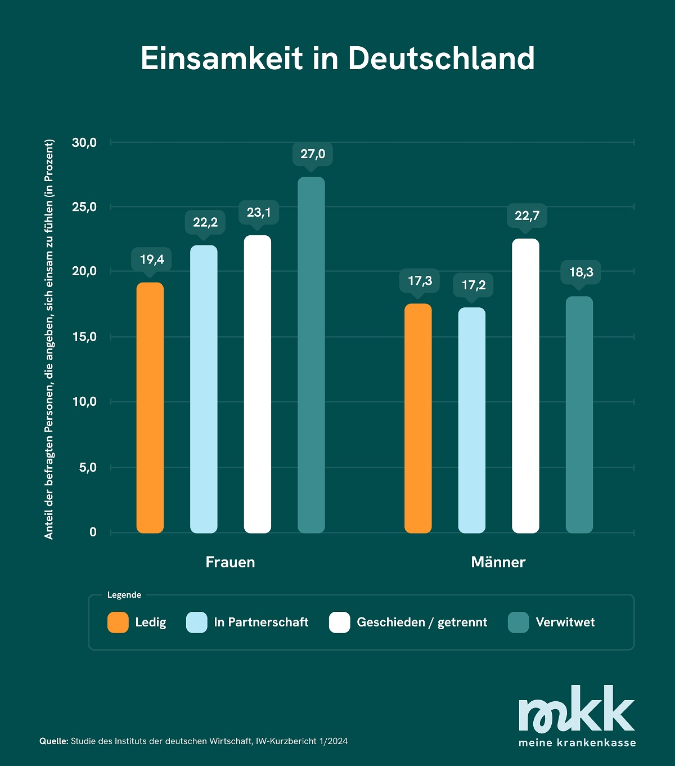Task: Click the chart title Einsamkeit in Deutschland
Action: tap(337, 58)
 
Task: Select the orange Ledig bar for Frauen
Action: tap(150, 407)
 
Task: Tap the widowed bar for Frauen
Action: tap(311, 355)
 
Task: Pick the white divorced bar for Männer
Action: tap(525, 386)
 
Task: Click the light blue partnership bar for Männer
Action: tap(471, 420)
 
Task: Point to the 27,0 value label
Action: tap(313, 154)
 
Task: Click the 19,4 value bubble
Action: tap(152, 259)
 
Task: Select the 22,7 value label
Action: tap(527, 216)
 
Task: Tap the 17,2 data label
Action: tap(474, 285)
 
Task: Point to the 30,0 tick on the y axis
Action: tap(84, 143)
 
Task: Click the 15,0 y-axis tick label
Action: tap(84, 337)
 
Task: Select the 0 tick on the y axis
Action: tap(93, 532)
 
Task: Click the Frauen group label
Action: tap(230, 562)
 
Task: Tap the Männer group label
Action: tap(498, 562)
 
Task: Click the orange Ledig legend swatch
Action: tap(118, 622)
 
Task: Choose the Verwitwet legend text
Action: tap(565, 622)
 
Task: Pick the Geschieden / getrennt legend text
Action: tap(422, 622)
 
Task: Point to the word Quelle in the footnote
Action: tap(54, 741)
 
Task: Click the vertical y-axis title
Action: tap(49, 339)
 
